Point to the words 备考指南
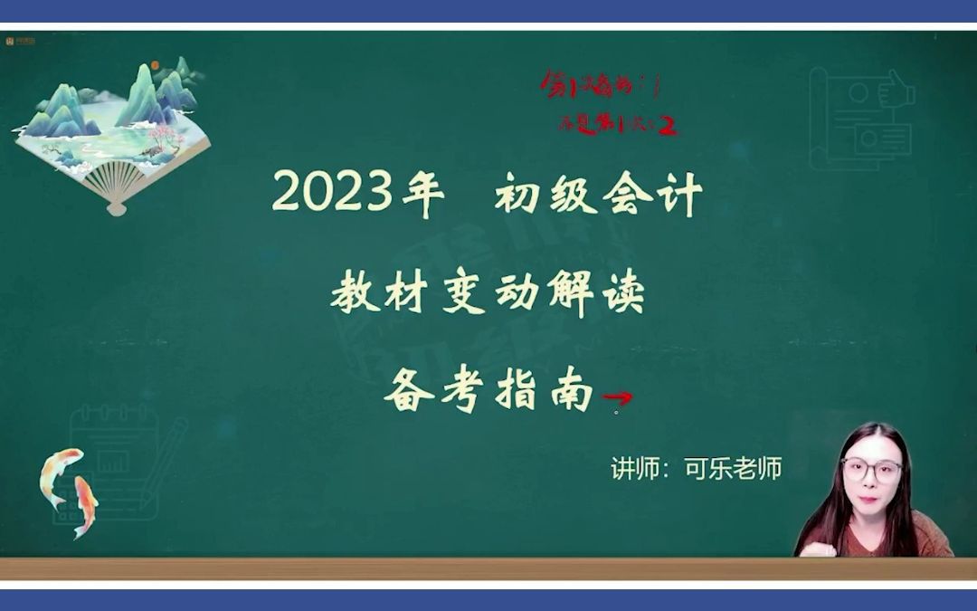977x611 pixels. click(488, 394)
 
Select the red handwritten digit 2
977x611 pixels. click(669, 126)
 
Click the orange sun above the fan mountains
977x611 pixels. click(155, 65)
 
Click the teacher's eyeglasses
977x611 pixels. click(871, 469)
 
